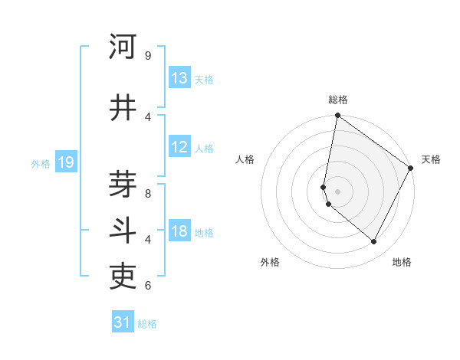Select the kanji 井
pyautogui.click(x=123, y=108)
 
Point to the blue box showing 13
pyautogui.click(x=179, y=78)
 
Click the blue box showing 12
pyautogui.click(x=179, y=147)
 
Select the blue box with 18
pyautogui.click(x=179, y=232)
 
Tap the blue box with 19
pyautogui.click(x=65, y=162)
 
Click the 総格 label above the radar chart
pyautogui.click(x=338, y=100)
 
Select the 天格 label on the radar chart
pyautogui.click(x=431, y=159)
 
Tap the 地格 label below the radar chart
pyautogui.click(x=402, y=262)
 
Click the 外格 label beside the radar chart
pyautogui.click(x=270, y=262)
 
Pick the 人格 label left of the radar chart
pyautogui.click(x=245, y=159)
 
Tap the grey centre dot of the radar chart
pyautogui.click(x=338, y=191)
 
